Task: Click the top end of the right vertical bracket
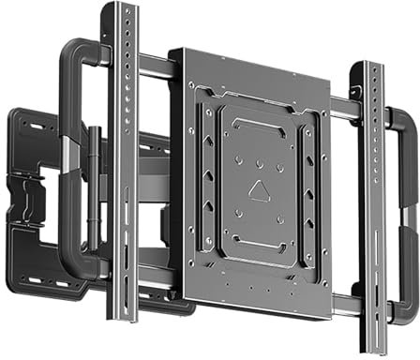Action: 369,67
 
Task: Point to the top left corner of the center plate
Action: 171,52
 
